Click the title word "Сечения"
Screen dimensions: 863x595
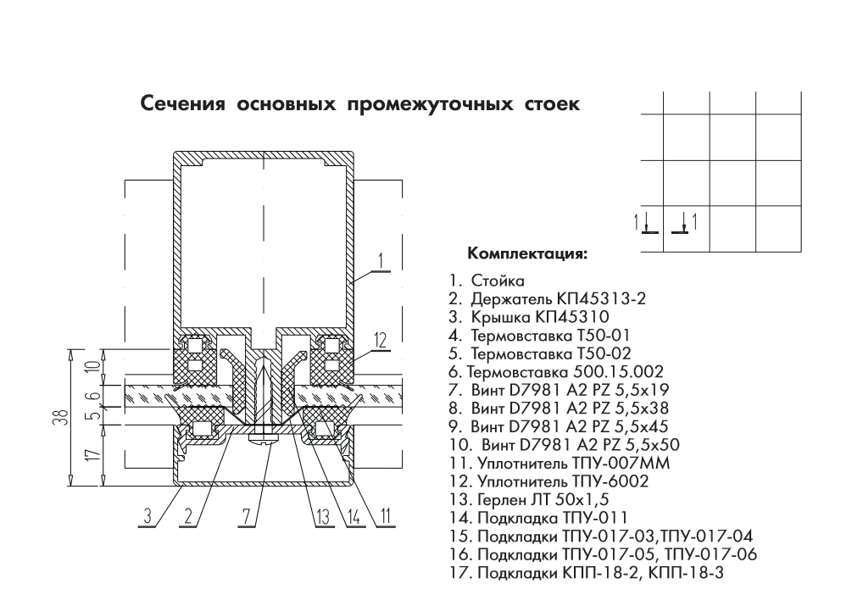pos(183,103)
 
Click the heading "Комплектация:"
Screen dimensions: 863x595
pos(527,253)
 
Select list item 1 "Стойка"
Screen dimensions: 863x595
pos(486,281)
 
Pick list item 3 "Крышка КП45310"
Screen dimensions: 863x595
pos(528,317)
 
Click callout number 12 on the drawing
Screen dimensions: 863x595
pos(381,341)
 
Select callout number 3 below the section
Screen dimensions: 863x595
pos(148,516)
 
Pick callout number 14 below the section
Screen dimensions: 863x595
pos(354,516)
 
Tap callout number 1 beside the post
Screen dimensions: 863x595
pos(381,261)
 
